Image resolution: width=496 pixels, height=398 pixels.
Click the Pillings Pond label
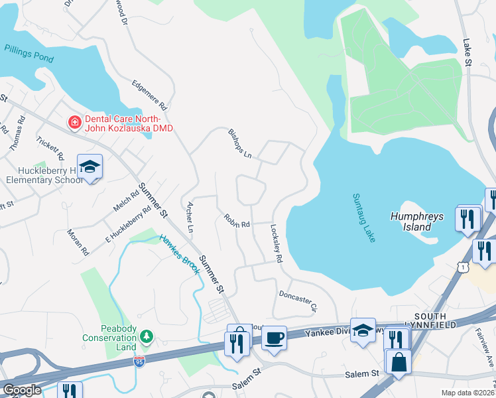[x=29, y=53]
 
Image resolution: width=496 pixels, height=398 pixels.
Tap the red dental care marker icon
[x=74, y=123]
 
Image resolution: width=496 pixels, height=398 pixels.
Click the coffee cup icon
[x=274, y=338]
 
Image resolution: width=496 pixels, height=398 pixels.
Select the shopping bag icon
[x=399, y=364]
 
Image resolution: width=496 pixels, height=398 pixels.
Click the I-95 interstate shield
[x=139, y=362]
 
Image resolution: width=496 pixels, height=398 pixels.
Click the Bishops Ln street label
[x=240, y=143]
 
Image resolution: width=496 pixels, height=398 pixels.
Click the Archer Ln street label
[x=190, y=217]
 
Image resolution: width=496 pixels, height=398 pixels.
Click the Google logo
[x=21, y=391]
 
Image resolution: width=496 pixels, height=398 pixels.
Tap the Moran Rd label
[x=78, y=243]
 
